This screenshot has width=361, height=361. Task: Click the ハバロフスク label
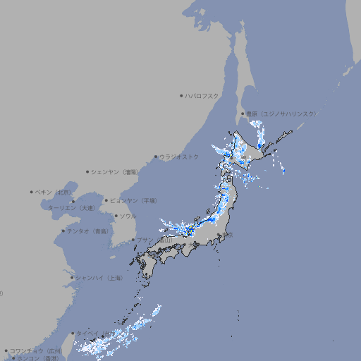(x=202, y=95)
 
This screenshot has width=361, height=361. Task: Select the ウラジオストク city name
(x=179, y=157)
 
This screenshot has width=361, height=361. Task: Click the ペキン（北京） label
(x=54, y=192)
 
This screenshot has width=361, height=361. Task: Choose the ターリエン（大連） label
(x=71, y=208)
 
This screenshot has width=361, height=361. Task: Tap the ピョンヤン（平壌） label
(x=133, y=200)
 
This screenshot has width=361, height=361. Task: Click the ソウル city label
(x=128, y=216)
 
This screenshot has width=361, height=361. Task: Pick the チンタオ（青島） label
(x=87, y=231)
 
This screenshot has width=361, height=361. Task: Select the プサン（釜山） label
(x=154, y=240)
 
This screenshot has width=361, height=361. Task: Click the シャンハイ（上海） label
(x=99, y=278)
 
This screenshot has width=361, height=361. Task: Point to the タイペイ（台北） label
(x=90, y=334)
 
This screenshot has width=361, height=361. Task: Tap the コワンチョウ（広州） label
(x=36, y=350)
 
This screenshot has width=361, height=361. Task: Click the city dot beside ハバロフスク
(x=181, y=95)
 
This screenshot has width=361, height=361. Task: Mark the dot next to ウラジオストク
(x=156, y=157)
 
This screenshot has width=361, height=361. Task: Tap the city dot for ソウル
(x=116, y=216)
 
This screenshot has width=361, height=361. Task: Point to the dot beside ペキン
(x=32, y=192)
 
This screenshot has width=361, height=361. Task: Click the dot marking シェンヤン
(x=88, y=171)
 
